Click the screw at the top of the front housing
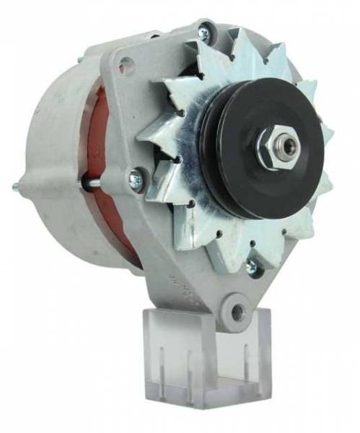203,33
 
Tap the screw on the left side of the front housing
135,180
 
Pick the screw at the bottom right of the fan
252,267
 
